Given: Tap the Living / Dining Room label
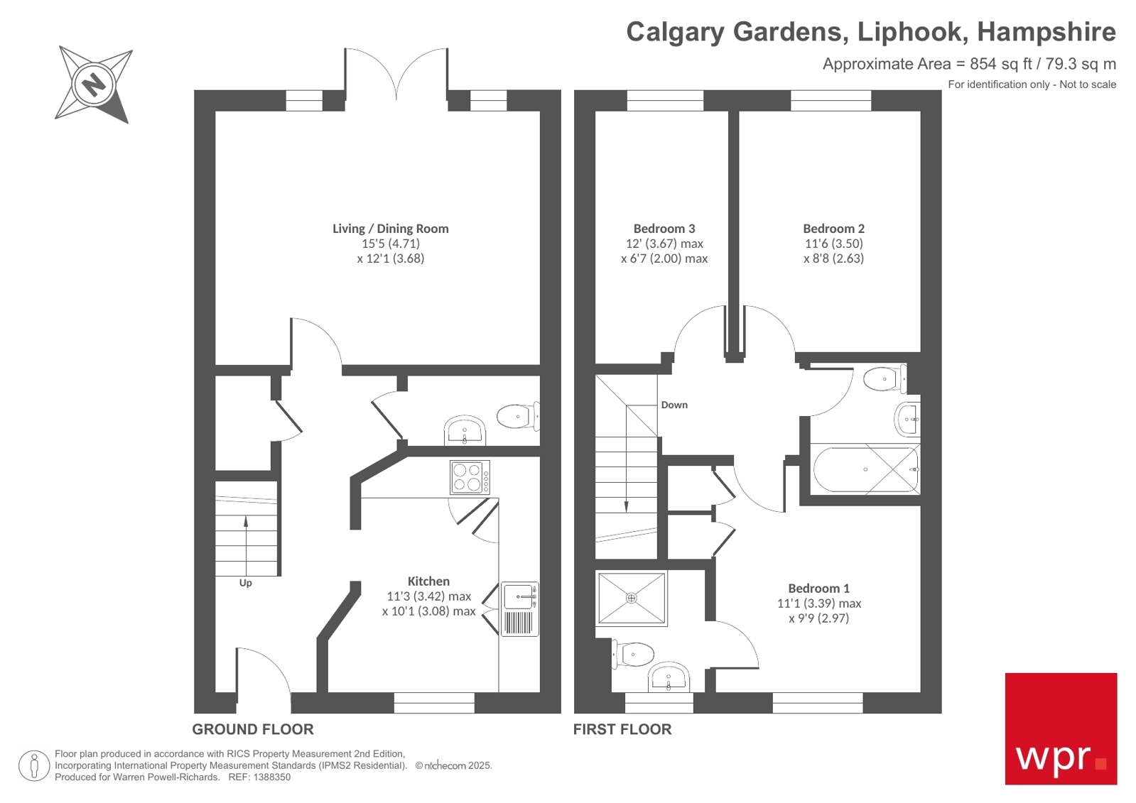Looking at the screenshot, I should pos(390,229).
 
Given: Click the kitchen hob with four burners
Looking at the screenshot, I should pos(469,477).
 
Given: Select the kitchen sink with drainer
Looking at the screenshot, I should pos(519,609).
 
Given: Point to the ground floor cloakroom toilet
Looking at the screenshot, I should pos(517,417).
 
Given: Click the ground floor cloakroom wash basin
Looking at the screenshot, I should pos(465,431).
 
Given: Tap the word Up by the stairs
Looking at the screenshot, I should pos(245,583).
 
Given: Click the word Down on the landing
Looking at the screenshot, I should pos(674,405).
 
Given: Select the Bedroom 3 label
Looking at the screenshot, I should pos(664,229).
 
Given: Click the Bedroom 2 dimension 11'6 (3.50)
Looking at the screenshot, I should pos(833,244).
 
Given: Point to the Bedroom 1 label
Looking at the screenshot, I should pos(818,588).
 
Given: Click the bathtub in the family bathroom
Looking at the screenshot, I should pos(865,469).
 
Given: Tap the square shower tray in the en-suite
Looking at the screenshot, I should pos(632,599).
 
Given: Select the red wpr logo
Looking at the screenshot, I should pos(1060,728).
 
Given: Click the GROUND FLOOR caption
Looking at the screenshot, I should pos(252,729).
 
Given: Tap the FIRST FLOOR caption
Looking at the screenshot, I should pos(622,729).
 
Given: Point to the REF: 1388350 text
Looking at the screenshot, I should pos(259,777).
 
